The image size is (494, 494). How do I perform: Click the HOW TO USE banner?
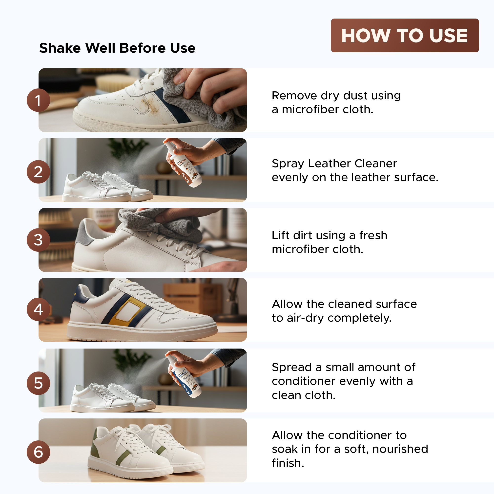coord(405,35)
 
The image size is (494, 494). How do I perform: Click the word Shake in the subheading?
coord(60,48)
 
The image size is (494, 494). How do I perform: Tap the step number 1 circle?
coord(38,100)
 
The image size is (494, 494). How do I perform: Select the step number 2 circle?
coord(38,172)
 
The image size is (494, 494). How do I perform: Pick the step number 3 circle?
coord(38,240)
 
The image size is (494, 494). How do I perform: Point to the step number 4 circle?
coord(38,309)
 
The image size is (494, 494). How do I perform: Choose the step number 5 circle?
coord(38,383)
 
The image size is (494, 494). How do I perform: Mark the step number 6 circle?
coord(38,452)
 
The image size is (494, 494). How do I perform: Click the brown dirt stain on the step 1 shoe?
coord(151,105)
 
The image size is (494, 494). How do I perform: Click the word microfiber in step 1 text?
coord(310,109)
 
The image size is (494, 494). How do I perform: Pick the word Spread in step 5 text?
coord(292,368)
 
